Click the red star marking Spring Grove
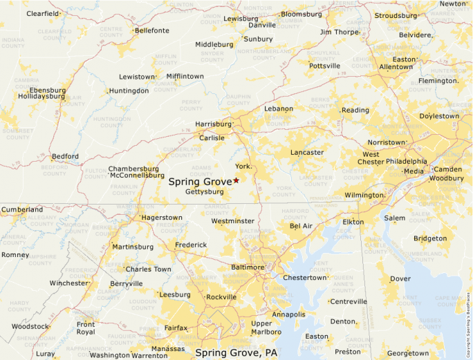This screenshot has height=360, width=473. click(236, 180)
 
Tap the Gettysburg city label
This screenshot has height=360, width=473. click(205, 191)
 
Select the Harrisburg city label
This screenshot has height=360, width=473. click(213, 124)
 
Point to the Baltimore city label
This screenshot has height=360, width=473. click(247, 267)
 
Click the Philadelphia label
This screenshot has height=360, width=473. click(407, 162)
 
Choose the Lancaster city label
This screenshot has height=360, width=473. click(307, 152)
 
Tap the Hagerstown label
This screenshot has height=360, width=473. click(162, 217)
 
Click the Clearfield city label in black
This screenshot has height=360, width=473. click(43, 13)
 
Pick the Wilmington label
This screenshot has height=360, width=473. click(364, 195)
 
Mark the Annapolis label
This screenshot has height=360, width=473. click(289, 314)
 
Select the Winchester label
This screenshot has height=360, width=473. click(69, 283)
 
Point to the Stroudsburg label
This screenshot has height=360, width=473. click(396, 15)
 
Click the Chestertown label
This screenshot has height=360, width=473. click(304, 277)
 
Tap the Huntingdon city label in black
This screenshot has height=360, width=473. click(129, 91)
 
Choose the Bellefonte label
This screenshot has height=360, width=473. click(152, 30)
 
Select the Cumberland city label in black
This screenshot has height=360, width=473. click(22, 209)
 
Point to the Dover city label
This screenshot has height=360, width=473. click(400, 278)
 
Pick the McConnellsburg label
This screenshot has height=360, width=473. click(137, 176)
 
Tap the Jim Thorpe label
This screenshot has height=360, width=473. click(340, 32)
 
